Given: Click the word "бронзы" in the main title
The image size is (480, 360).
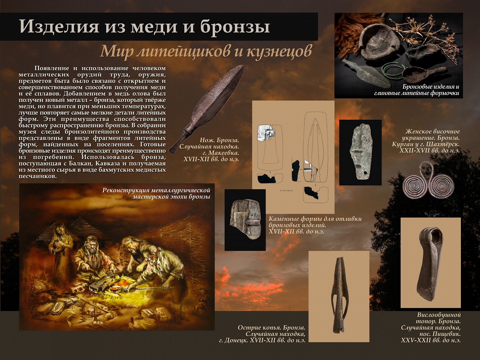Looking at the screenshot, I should click(x=235, y=27).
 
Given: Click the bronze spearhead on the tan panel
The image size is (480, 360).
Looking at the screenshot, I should click(x=339, y=296).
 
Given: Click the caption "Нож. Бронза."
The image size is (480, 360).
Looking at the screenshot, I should click(x=220, y=140).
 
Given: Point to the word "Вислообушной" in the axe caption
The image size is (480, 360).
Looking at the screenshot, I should click(x=439, y=315).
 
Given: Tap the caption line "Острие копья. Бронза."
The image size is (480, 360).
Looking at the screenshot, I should click(x=271, y=328).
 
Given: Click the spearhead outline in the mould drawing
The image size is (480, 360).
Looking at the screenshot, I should click(x=315, y=141).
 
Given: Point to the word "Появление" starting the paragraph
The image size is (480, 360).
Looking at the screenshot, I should click(x=52, y=68).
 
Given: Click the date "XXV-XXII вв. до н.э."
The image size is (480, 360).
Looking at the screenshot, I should click(x=431, y=340).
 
